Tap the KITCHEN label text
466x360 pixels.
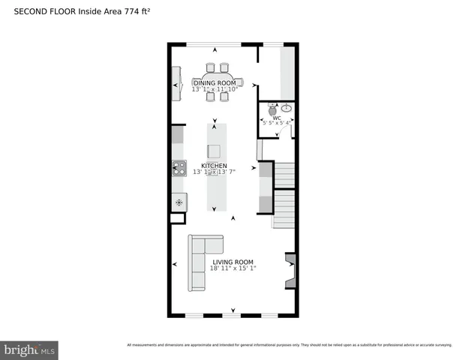point(214,165)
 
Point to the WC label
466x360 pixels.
point(277,118)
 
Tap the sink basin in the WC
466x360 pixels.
point(287,108)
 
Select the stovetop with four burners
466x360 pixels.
point(179,168)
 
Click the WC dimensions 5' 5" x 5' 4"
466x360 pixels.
point(277,124)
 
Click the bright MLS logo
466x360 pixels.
point(30,349)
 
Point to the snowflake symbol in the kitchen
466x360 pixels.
point(179,202)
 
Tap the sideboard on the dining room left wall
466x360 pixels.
point(177,83)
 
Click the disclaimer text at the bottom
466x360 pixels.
point(289,345)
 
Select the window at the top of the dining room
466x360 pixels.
point(208,43)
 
